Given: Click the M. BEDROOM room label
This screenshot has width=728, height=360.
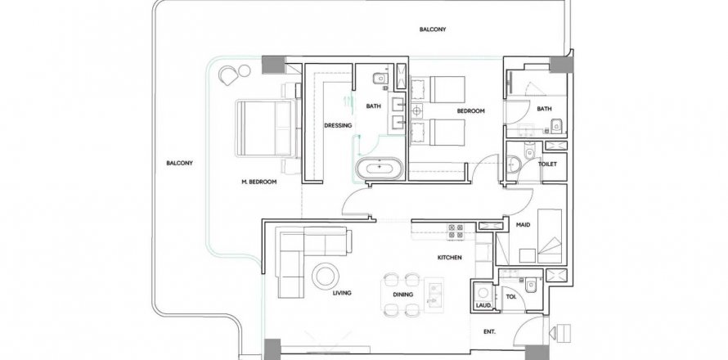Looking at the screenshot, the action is (259, 182).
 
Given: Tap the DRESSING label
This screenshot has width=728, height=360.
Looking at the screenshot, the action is (338, 125).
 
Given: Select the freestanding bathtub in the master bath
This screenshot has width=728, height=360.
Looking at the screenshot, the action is (380, 167).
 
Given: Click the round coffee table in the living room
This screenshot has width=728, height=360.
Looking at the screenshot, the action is (325, 276).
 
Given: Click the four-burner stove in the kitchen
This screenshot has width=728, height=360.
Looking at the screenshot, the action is (455, 232).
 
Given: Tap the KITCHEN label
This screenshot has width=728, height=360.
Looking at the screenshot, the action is (449, 258).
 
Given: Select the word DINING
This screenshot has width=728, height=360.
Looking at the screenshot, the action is (403, 294).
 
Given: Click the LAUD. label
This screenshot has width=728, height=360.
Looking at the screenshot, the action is (482, 305).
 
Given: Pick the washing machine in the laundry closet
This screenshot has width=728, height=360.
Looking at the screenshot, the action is (483, 293).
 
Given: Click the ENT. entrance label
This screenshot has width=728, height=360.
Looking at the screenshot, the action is (489, 331).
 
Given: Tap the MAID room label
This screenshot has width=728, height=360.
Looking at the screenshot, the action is (524, 225).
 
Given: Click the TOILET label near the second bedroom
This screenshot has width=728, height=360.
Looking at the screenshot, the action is (547, 164).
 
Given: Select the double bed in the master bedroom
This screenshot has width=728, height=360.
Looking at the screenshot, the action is (266, 128).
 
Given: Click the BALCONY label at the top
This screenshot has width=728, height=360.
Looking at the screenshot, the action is (433, 29).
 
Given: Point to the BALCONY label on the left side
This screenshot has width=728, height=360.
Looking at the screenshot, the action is (180, 163).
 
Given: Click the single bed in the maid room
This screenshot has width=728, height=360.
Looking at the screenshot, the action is (550, 236).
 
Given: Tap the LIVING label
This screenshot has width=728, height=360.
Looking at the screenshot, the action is (342, 293).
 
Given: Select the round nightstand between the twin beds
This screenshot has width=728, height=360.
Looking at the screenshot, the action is (417, 110).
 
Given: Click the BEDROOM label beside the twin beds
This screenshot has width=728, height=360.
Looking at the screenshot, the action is (471, 111).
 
